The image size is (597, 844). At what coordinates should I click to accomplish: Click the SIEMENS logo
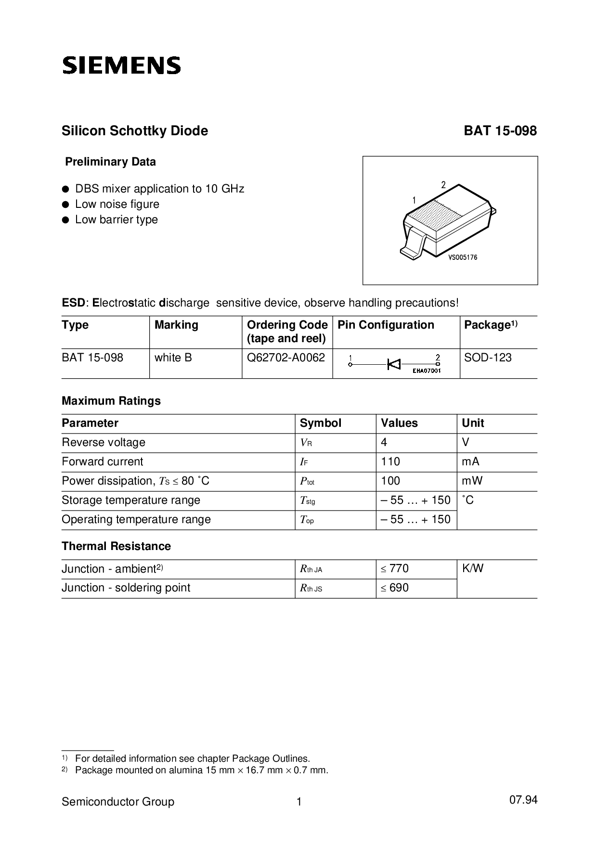[121, 65]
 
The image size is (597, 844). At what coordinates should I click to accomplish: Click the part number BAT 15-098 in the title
[500, 131]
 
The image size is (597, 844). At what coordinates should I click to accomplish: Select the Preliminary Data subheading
[110, 162]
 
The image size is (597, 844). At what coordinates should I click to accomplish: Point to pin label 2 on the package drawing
[443, 185]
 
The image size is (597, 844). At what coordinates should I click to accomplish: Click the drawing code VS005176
[463, 257]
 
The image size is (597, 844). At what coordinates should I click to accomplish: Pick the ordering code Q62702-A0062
[286, 358]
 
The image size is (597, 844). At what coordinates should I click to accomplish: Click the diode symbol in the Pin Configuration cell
[394, 364]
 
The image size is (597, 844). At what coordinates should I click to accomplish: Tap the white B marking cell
[173, 358]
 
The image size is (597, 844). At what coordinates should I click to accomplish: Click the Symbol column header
[320, 423]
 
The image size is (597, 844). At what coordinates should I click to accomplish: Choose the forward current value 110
[390, 461]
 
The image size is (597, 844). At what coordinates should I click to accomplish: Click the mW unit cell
[472, 481]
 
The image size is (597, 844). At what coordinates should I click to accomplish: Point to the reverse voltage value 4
[384, 442]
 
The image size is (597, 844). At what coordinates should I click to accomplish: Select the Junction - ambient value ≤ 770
[395, 568]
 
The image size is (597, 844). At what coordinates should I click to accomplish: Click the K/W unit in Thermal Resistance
[473, 568]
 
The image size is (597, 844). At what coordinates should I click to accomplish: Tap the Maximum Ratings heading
[111, 401]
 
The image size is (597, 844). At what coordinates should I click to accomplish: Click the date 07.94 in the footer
[523, 800]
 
